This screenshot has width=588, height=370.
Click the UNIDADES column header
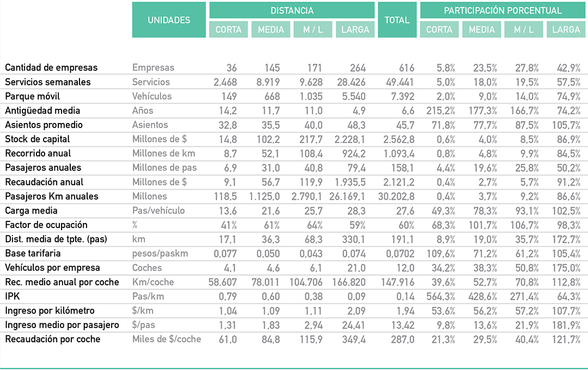169,20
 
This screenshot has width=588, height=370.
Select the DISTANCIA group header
292,10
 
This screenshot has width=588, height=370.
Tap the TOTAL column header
397,20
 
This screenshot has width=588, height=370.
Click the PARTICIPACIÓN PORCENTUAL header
503,10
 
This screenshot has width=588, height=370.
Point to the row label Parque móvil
32,96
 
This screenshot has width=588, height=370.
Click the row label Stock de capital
37,139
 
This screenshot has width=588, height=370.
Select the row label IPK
13,296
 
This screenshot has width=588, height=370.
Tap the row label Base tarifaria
33,254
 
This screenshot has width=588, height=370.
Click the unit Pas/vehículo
158,211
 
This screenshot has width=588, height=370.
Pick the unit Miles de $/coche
167,340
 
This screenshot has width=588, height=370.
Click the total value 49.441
400,82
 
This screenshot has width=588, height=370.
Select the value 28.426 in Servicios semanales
351,82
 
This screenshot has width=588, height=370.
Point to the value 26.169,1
347,196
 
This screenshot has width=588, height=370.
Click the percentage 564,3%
440,297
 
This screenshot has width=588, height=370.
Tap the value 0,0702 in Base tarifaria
400,254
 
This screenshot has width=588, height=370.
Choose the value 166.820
349,282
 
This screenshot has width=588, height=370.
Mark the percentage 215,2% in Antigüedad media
440,111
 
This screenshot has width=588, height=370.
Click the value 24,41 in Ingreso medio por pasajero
354,325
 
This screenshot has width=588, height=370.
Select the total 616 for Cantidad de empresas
407,68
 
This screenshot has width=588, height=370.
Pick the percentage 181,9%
566,325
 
